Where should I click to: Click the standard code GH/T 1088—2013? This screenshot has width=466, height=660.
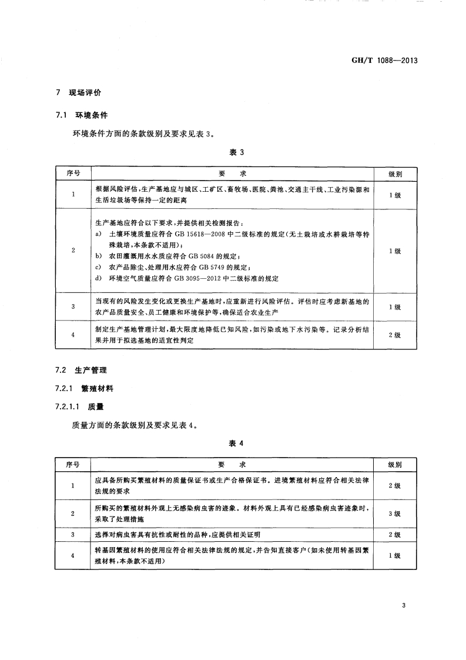pos(383,61)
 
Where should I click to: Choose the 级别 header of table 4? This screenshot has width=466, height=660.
pos(394,465)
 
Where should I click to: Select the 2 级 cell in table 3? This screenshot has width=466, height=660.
pos(394,335)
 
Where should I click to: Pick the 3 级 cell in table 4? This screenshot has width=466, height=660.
pos(394,514)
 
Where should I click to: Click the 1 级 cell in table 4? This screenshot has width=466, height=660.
pos(394,556)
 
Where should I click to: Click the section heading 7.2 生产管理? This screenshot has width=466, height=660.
pos(82,371)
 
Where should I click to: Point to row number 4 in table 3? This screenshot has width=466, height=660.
pos(72,335)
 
